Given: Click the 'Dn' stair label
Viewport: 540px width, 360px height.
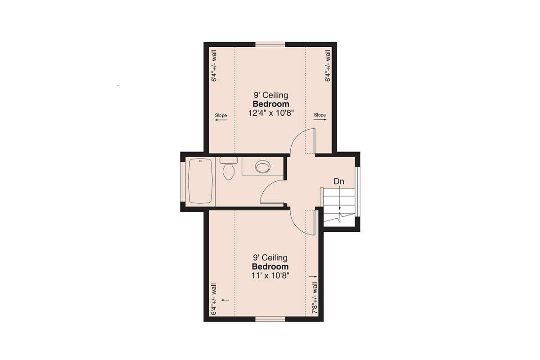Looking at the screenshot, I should point(339,181).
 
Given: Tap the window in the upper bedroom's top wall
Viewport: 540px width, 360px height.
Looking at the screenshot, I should point(270,44).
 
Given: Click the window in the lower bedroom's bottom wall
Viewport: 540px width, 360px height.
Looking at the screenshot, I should point(270,319).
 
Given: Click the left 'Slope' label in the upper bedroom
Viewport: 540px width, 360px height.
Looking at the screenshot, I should point(221,116).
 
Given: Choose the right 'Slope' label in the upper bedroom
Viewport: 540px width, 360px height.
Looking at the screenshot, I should point(320,115).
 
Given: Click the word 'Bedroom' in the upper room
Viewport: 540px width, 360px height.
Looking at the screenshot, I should point(270,104).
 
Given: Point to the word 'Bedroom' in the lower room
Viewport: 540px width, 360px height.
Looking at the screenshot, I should point(270,266).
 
